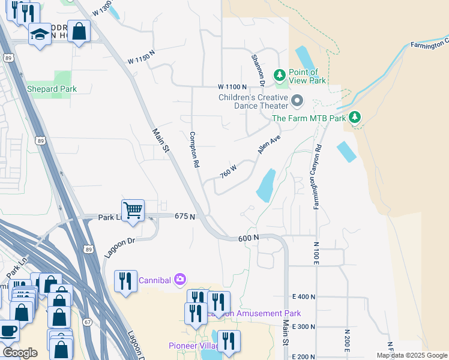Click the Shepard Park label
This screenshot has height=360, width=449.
coord(52,89)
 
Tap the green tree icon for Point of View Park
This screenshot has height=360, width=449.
coord(279,75)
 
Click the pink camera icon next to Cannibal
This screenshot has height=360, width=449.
coord(179,279)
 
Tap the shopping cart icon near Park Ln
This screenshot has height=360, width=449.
coord(133,211)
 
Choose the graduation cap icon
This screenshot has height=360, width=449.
coord(40,34)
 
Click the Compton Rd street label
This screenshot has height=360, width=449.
coord(194,150)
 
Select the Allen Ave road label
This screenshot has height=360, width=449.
coord(269,144)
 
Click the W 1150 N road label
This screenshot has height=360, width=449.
coord(141,61)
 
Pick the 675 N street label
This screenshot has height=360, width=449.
coord(185,216)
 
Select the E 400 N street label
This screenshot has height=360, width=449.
coord(304,296)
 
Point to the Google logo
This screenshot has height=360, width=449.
coord(20,352)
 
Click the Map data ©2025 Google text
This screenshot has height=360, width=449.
coord(411,355)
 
